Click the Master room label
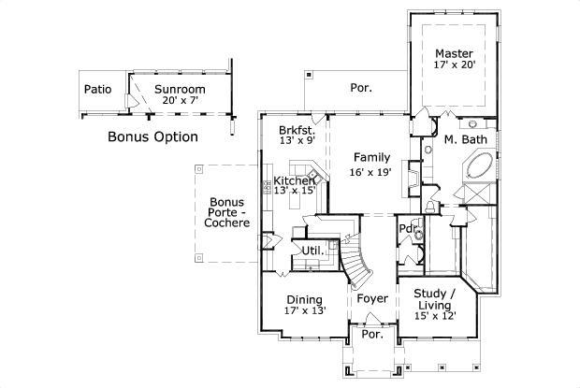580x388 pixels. click(x=454, y=53)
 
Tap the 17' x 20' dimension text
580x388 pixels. click(x=454, y=65)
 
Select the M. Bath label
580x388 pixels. click(x=462, y=140)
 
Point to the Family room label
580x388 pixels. click(x=371, y=157)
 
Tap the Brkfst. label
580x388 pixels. click(x=297, y=129)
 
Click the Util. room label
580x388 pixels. click(x=311, y=251)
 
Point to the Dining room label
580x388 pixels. click(x=305, y=300)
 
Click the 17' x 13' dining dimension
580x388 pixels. click(x=305, y=311)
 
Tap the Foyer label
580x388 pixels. click(x=371, y=299)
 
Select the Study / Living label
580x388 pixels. click(x=436, y=299)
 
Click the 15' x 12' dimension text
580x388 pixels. click(x=435, y=317)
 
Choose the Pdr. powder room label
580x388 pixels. click(x=407, y=229)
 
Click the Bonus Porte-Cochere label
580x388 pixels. click(x=227, y=214)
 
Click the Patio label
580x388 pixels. click(x=98, y=90)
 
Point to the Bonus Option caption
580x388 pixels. click(x=152, y=137)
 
